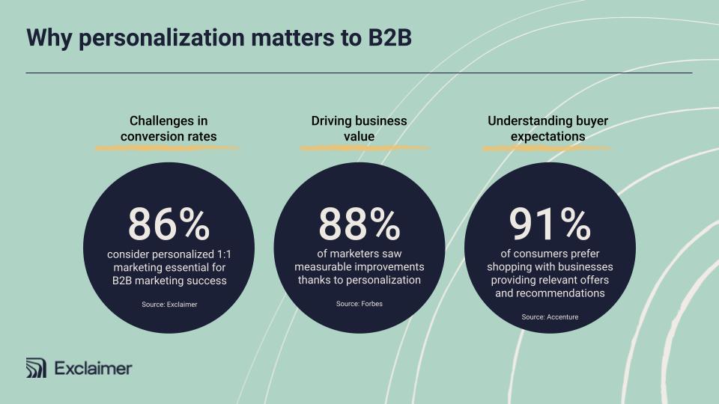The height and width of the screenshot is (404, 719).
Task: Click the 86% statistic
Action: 169,223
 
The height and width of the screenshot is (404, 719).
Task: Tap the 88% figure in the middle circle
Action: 359,223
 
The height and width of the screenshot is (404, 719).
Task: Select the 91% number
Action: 550,223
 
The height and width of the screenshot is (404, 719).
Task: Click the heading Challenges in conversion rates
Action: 169,129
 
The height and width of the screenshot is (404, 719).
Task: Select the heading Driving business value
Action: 359,129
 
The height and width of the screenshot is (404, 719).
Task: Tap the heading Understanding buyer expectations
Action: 547,129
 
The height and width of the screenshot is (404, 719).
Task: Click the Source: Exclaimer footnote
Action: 169,304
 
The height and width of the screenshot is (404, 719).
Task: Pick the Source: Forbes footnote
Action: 359,304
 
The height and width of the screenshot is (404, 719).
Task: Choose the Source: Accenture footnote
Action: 550,317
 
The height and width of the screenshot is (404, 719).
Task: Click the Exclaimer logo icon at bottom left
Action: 36,368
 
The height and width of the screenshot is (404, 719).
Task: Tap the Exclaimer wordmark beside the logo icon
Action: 93,368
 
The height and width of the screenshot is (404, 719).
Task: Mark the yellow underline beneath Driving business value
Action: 365,148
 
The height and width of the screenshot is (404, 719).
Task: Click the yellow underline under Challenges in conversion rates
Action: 166,148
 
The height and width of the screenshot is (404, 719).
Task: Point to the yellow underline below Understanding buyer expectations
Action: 546,148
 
